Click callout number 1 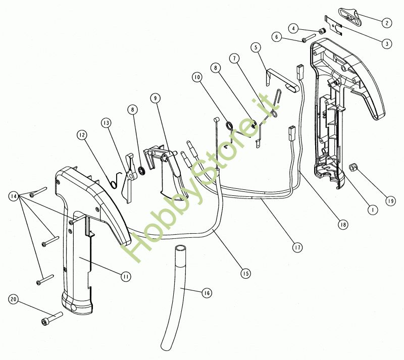coord(372,209)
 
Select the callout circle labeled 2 coord(386,22)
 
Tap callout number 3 coord(386,43)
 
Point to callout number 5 coord(256,47)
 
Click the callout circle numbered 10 coord(197,77)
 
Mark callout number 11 coord(125,276)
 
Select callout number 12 coord(82,135)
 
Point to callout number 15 coord(245,273)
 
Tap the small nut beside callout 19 coord(353,167)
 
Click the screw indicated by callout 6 coord(308,39)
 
